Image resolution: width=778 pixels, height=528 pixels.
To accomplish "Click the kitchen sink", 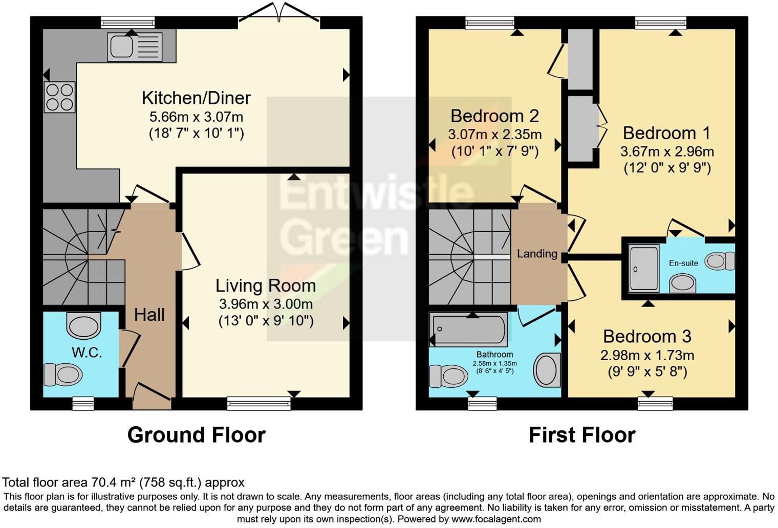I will [x=134, y=47].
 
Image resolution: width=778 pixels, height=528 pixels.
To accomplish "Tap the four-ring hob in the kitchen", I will [x=59, y=97].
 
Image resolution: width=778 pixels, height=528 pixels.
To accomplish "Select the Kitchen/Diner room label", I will [x=196, y=98].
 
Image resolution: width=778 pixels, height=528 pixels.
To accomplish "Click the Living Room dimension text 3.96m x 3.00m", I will [x=266, y=304].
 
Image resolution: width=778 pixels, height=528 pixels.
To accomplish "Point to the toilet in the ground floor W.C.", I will [x=63, y=375].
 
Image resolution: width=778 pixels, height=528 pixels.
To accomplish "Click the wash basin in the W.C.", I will [x=84, y=326].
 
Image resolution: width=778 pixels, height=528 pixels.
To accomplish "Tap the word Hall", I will [x=149, y=315].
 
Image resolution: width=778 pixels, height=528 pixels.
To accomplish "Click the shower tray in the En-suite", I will [x=643, y=268].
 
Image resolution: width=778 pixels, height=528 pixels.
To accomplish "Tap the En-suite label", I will [x=683, y=263].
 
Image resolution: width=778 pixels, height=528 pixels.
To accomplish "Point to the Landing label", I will [x=537, y=254].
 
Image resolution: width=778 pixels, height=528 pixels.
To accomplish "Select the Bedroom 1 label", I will [x=666, y=133].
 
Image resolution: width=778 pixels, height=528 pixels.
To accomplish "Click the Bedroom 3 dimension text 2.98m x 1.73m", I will [x=647, y=355].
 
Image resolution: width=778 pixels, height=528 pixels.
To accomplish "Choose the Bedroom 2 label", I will [x=494, y=116].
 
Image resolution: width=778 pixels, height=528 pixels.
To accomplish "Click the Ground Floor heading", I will [x=196, y=435].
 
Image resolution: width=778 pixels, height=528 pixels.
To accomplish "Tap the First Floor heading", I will [x=581, y=435].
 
